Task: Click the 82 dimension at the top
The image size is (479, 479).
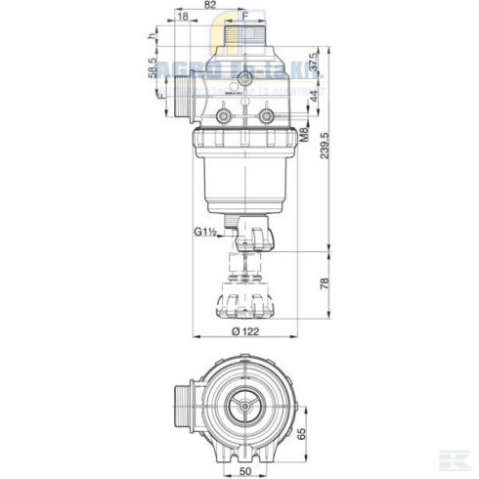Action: click(x=210, y=6)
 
